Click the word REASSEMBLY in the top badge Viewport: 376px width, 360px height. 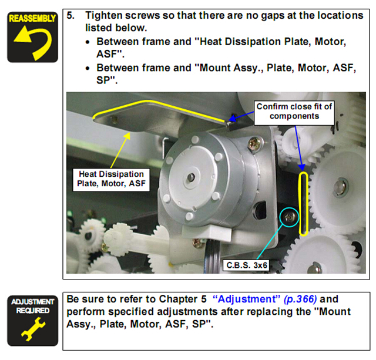33,18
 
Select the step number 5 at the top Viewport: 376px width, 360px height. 70,15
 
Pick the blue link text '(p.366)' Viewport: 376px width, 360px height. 302,300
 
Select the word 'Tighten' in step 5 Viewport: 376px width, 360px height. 103,15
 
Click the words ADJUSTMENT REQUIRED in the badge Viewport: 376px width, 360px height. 33,306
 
